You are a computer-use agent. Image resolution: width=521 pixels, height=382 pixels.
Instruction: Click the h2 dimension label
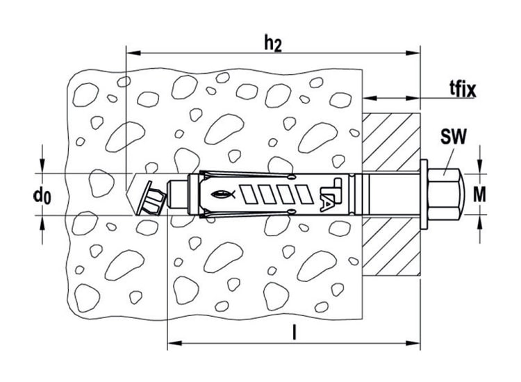(x=273, y=44)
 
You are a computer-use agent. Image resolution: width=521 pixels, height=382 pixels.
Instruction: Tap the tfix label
(x=463, y=89)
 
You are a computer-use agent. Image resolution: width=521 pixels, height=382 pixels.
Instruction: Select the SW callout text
(x=453, y=137)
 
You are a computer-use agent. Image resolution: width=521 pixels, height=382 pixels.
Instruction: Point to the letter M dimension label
(x=479, y=194)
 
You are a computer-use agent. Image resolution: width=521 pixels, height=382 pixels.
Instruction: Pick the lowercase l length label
(x=294, y=333)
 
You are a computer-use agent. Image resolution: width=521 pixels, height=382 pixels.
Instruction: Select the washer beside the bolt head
(x=424, y=194)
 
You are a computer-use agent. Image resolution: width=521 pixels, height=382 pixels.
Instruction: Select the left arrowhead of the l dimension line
(x=174, y=343)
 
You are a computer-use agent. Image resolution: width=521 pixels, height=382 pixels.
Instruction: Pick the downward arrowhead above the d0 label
(x=42, y=166)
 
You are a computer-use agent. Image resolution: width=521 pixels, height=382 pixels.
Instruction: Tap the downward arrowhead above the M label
(x=479, y=167)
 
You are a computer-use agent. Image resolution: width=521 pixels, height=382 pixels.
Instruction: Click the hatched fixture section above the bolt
(x=391, y=142)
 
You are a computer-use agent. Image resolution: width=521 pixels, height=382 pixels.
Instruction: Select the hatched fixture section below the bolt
(x=391, y=247)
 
